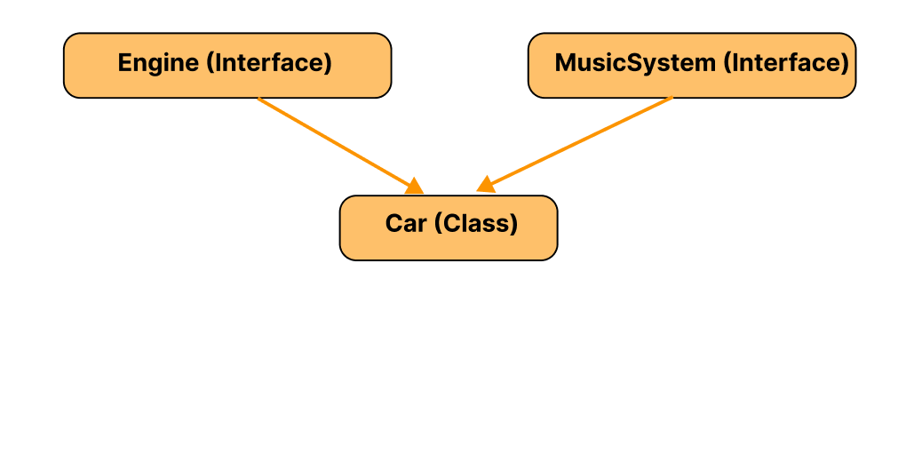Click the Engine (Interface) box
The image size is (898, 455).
[x=226, y=65]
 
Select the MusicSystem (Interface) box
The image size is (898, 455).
[x=691, y=65]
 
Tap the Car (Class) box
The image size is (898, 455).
[x=448, y=227]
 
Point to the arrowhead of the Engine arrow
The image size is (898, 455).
[x=414, y=186]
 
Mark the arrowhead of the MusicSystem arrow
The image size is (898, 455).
[x=485, y=185]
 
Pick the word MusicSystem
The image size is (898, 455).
[x=635, y=63]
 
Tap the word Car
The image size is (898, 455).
[x=406, y=223]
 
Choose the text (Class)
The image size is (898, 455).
[x=475, y=223]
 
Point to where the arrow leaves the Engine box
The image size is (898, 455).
[x=258, y=99]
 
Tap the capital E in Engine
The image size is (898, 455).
[x=124, y=63]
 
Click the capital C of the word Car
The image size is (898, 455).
[x=393, y=223]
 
